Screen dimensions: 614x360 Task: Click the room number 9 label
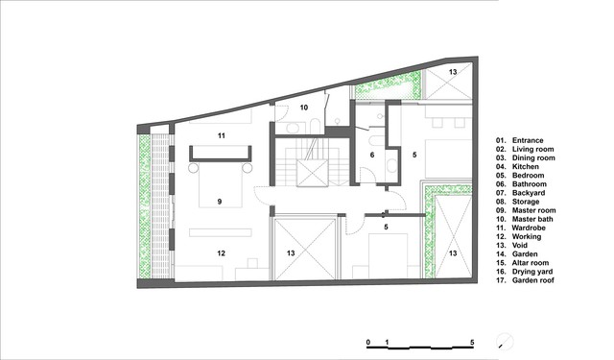click(220, 202)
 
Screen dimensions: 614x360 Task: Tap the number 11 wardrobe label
click(222, 136)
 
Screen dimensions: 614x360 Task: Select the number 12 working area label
click(222, 253)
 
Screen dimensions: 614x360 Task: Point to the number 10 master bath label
click(304, 108)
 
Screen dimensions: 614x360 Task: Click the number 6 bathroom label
click(372, 156)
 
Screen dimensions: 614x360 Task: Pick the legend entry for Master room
click(526, 210)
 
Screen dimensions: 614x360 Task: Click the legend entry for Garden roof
click(525, 280)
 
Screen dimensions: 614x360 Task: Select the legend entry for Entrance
click(520, 140)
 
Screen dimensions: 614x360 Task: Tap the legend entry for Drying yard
click(525, 272)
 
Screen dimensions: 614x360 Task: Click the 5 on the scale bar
click(472, 343)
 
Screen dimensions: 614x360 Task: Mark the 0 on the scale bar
click(368, 343)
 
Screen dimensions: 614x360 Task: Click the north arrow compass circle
click(505, 341)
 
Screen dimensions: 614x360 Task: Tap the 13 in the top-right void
click(453, 72)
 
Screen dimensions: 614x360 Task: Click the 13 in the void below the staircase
click(291, 253)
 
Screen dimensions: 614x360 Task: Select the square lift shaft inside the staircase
click(312, 173)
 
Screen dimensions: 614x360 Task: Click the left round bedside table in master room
click(194, 168)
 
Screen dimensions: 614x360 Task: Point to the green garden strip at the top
click(388, 86)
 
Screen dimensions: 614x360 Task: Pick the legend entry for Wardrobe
click(520, 228)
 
